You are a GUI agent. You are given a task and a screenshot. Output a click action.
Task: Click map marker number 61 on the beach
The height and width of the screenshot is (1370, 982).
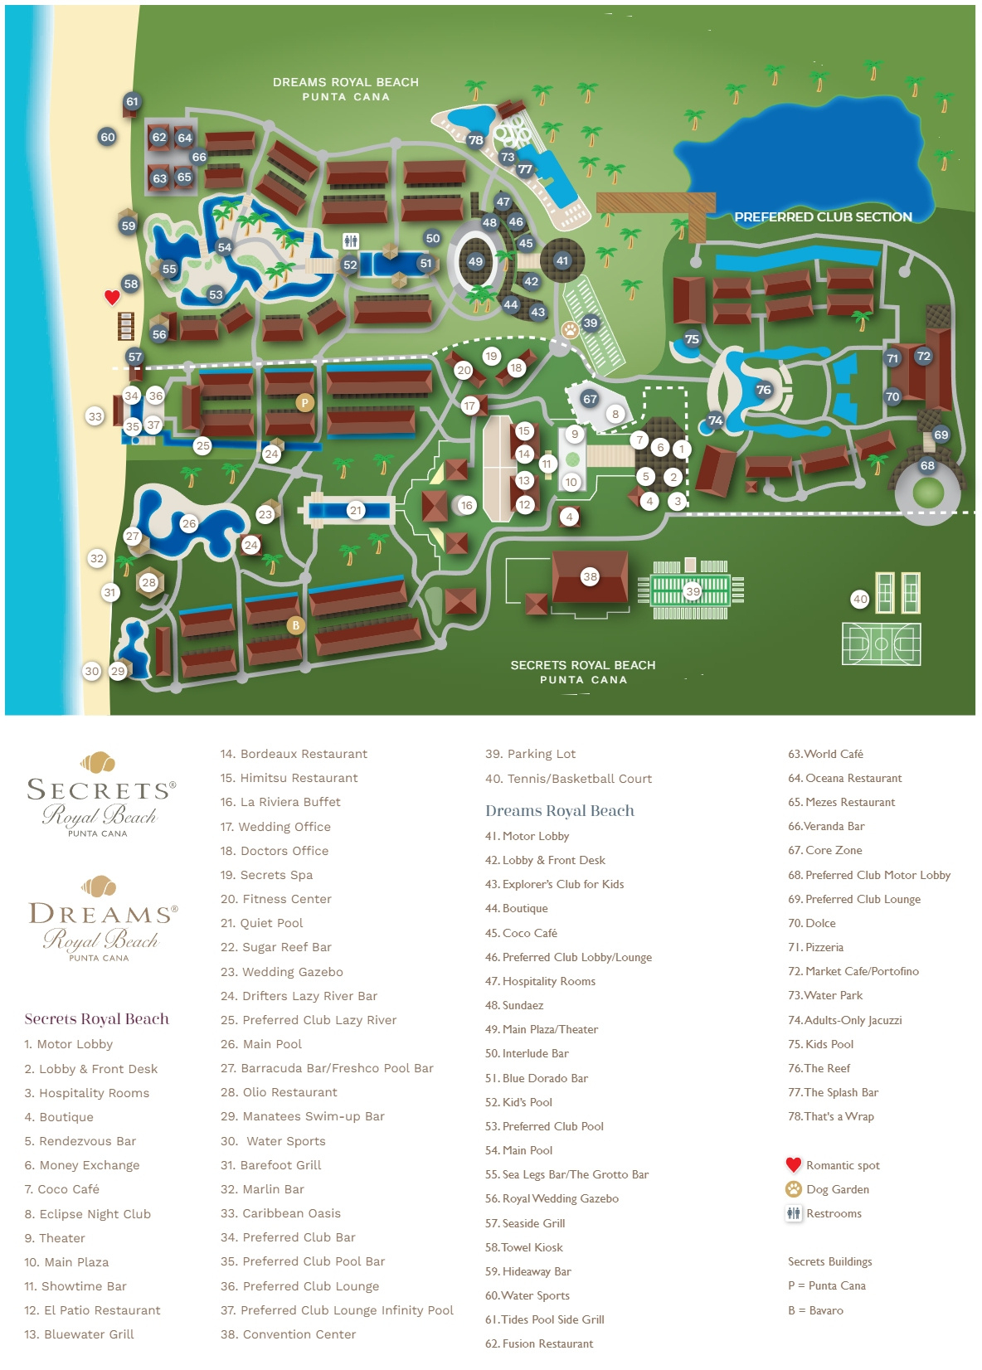132,102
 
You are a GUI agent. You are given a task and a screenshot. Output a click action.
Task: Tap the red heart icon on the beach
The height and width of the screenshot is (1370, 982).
112,297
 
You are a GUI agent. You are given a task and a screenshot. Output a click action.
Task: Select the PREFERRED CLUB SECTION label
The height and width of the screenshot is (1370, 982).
823,217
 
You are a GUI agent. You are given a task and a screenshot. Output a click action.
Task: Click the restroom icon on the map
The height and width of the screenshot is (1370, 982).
351,241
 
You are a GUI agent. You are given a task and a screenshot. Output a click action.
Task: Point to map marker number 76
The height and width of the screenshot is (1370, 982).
763,390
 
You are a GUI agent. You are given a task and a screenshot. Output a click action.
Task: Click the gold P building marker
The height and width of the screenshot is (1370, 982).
304,403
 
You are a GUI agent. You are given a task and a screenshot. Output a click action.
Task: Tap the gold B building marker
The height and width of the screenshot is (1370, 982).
295,625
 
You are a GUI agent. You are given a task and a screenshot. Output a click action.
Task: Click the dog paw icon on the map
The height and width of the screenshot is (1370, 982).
570,330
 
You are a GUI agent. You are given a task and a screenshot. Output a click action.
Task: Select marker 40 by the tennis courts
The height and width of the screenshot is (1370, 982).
860,599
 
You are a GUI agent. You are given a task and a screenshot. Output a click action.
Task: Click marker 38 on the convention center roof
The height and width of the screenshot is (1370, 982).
590,576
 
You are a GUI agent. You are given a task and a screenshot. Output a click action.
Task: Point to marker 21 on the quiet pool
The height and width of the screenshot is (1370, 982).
356,510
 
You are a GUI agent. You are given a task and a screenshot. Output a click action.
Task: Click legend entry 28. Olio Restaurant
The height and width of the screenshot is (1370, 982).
279,1092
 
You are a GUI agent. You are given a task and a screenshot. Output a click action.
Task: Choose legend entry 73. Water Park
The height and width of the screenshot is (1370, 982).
825,995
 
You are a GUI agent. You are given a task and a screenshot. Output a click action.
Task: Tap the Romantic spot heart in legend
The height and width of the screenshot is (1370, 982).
794,1164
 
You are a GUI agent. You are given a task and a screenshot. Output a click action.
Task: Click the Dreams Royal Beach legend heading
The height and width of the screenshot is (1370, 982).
559,811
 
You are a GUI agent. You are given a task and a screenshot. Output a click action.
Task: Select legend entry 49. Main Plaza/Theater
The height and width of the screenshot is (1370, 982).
542,1029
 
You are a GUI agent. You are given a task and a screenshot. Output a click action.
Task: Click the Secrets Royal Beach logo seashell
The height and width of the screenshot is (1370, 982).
98,761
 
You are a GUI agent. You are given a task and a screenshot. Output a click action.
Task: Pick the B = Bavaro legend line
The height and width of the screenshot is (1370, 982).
815,1310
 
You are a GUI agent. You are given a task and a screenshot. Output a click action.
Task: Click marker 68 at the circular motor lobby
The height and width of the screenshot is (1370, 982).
927,465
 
